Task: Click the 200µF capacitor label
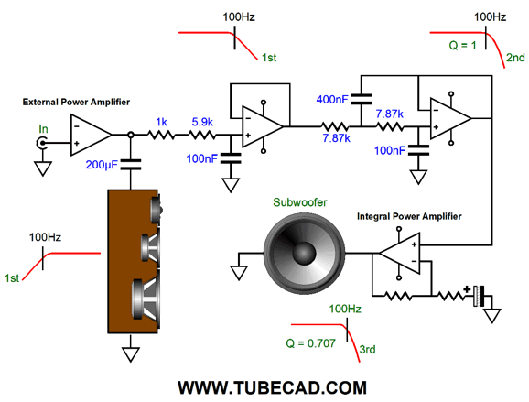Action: click(102, 165)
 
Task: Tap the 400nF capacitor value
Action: click(332, 99)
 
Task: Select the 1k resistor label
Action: click(161, 122)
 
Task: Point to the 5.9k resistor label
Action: click(202, 122)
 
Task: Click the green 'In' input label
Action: click(43, 129)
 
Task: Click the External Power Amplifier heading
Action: click(76, 102)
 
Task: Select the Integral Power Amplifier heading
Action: click(409, 216)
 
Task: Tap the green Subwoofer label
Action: click(300, 202)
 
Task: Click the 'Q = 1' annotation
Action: click(462, 45)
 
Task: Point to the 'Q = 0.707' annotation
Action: click(311, 343)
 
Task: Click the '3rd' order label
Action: click(367, 349)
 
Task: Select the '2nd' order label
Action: click(515, 58)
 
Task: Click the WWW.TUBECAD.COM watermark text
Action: click(272, 388)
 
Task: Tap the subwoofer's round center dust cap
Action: click(304, 254)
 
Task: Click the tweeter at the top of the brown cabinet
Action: click(157, 210)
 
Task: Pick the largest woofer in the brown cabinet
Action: click(146, 299)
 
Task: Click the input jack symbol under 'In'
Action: click(41, 143)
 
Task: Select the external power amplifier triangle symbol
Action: click(91, 135)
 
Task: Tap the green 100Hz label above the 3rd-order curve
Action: click(345, 309)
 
